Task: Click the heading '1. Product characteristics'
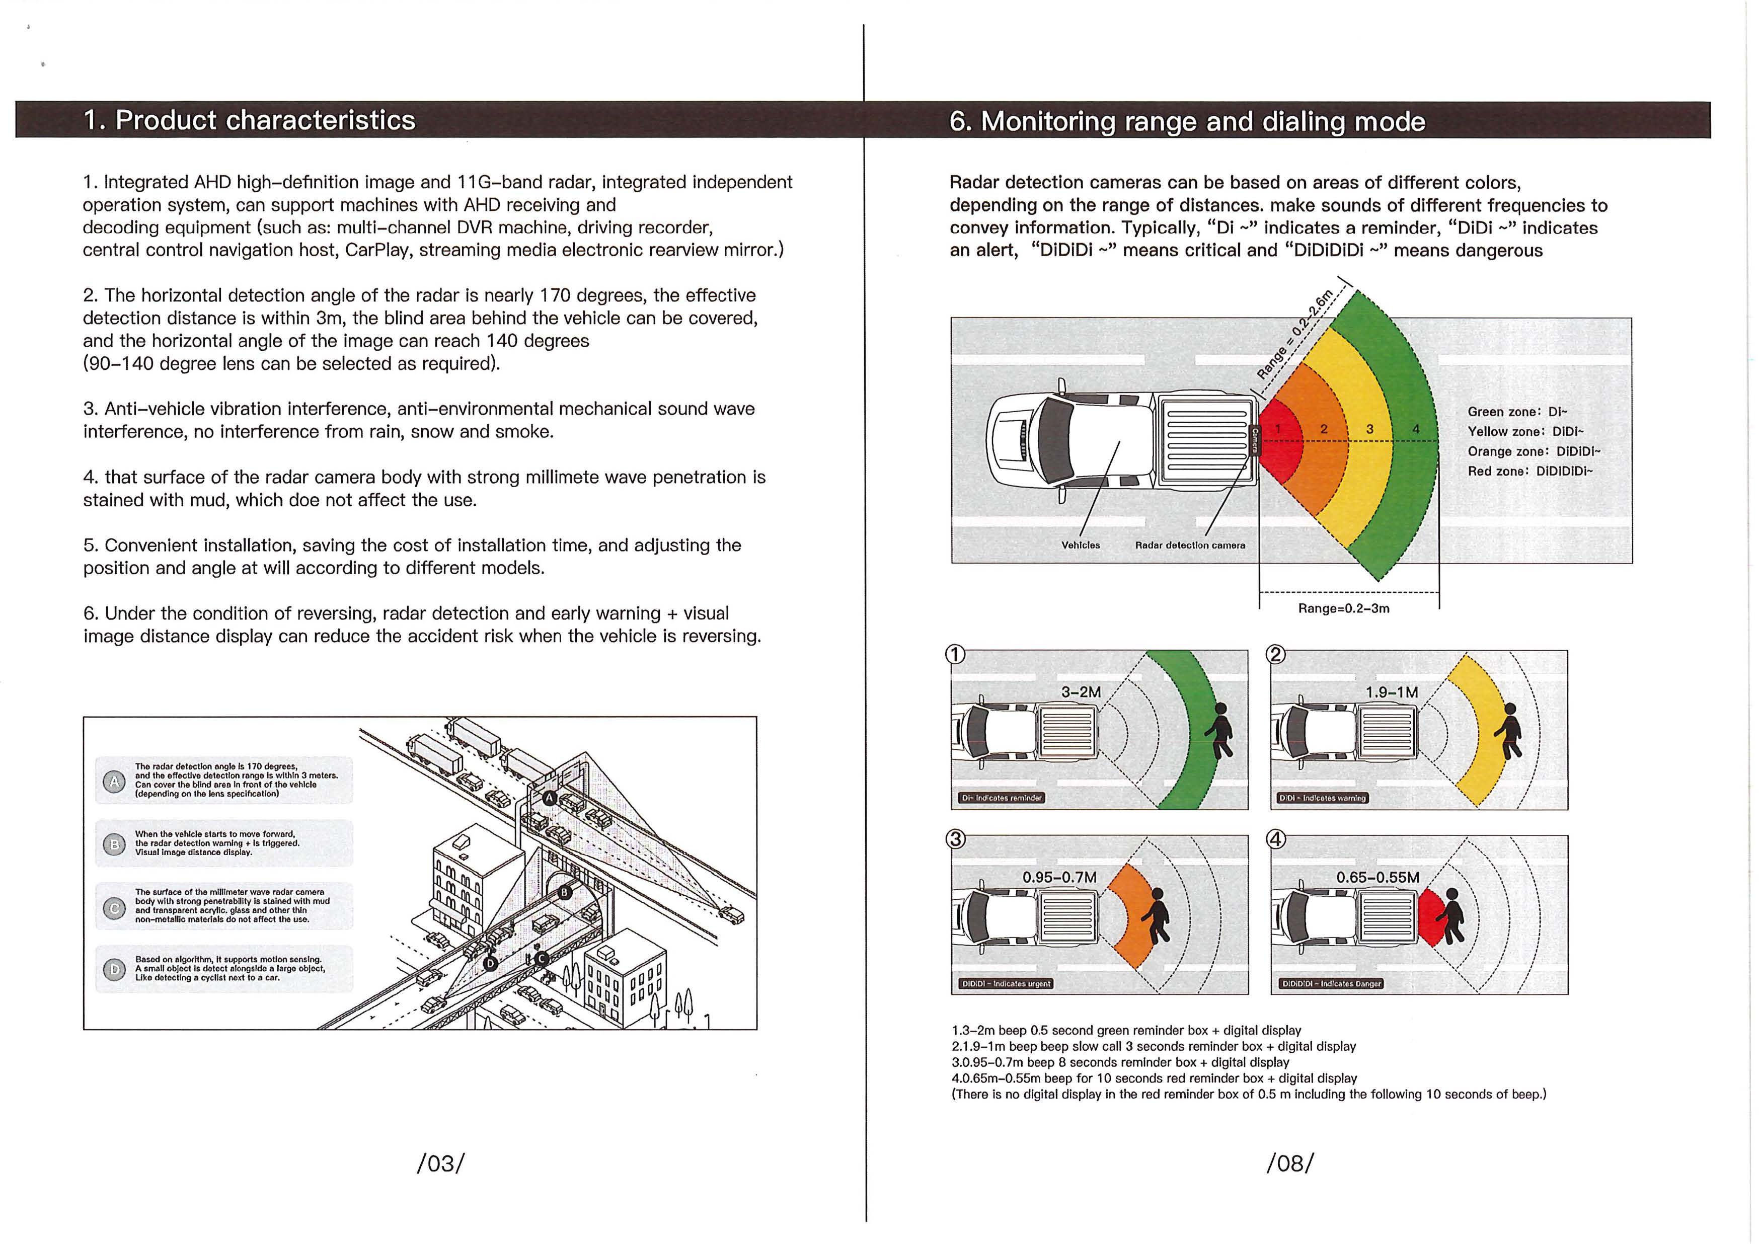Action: click(x=250, y=120)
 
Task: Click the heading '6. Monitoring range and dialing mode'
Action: click(x=1187, y=122)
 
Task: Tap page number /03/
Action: click(x=440, y=1163)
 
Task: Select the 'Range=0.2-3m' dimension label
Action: click(x=1343, y=608)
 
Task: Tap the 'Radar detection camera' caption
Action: click(x=1190, y=545)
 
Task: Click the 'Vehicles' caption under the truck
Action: click(x=1080, y=545)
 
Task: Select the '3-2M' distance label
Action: click(x=1081, y=692)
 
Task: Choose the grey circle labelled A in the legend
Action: click(x=113, y=781)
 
